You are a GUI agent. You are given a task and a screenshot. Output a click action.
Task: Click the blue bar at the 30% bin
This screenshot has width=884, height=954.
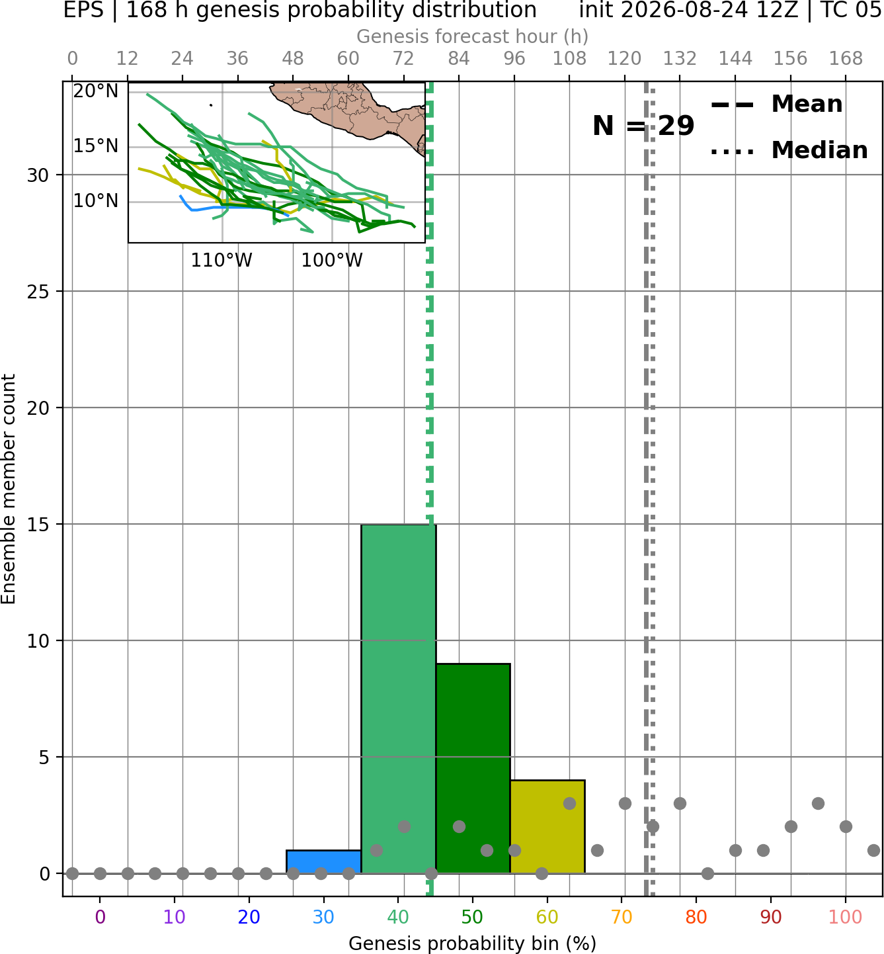click(x=323, y=861)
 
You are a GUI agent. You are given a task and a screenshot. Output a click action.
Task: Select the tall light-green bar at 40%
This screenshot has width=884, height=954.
click(x=399, y=699)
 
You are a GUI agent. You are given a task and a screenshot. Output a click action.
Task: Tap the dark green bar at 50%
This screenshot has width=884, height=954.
click(x=473, y=768)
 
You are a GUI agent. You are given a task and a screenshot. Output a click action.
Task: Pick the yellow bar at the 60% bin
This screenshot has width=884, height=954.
click(x=547, y=826)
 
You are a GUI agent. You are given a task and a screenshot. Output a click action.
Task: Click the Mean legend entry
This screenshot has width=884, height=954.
click(x=776, y=105)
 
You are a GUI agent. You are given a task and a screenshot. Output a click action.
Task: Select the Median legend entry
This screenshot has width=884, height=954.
click(x=789, y=150)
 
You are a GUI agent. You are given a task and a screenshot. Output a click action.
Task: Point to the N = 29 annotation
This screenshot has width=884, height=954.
click(x=643, y=126)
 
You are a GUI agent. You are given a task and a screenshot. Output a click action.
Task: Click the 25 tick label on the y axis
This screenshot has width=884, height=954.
click(x=38, y=292)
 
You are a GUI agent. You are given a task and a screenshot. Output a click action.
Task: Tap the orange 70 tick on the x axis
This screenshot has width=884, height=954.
click(x=622, y=917)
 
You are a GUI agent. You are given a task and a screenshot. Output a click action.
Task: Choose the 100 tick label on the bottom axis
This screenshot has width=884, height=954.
click(x=846, y=917)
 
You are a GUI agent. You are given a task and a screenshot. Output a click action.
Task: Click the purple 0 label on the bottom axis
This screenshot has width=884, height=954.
click(x=100, y=917)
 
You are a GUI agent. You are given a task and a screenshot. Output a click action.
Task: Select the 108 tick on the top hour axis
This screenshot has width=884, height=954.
click(x=569, y=59)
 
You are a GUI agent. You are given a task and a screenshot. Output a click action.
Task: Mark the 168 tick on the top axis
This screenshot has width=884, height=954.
click(x=846, y=59)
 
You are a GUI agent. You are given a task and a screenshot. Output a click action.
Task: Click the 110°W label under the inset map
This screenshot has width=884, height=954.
click(x=221, y=261)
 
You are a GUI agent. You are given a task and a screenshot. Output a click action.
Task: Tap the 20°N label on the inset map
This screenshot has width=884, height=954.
click(x=96, y=91)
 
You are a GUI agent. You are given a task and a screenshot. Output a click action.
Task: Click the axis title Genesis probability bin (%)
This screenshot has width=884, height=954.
click(x=473, y=943)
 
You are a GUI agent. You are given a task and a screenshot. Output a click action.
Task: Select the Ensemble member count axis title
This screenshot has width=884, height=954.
click(x=9, y=489)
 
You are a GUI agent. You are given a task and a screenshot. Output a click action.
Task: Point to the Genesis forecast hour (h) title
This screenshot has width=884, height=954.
click(x=473, y=36)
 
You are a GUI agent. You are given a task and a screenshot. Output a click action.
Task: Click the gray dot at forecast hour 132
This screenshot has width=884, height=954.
click(x=680, y=803)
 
